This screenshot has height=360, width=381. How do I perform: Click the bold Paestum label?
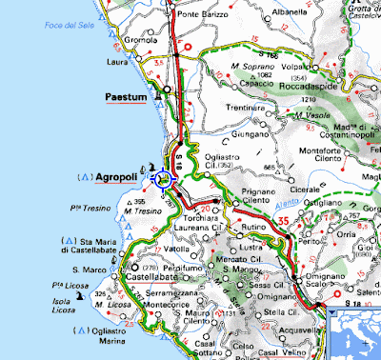coord(129,97)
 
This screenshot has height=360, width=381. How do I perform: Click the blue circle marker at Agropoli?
coord(164,177)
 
